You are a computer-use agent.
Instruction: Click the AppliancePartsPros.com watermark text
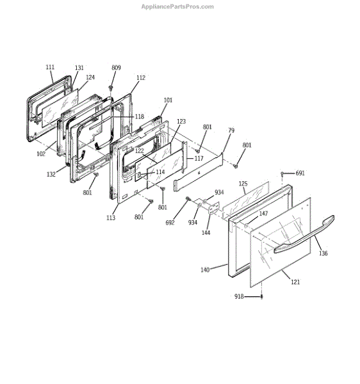click(177, 6)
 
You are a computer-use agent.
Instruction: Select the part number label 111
click(50, 67)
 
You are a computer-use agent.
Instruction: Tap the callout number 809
click(116, 68)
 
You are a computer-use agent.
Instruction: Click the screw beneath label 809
click(111, 88)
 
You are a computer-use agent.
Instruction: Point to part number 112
click(141, 78)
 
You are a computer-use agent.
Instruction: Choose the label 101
click(168, 100)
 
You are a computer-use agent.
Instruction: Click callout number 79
click(231, 131)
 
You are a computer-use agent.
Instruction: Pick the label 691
click(300, 173)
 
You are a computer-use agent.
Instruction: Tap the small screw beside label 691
click(282, 173)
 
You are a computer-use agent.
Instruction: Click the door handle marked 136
click(304, 234)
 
